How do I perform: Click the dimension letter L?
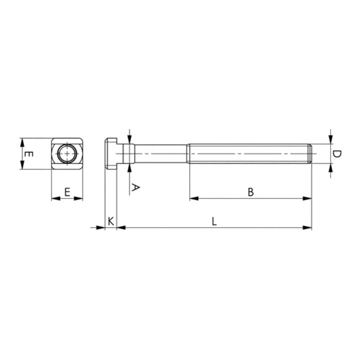pyautogui.click(x=214, y=221)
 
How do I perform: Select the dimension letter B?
pyautogui.click(x=250, y=192)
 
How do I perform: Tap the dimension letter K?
pyautogui.click(x=110, y=221)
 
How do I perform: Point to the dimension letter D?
pyautogui.click(x=337, y=154)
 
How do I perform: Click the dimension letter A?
pyautogui.click(x=135, y=187)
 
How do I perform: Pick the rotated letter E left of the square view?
pyautogui.click(x=29, y=154)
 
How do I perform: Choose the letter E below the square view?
pyautogui.click(x=67, y=192)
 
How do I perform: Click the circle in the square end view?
pyautogui.click(x=67, y=153)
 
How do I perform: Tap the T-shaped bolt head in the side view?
pyautogui.click(x=111, y=153)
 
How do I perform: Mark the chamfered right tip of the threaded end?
pyautogui.click(x=310, y=153)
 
